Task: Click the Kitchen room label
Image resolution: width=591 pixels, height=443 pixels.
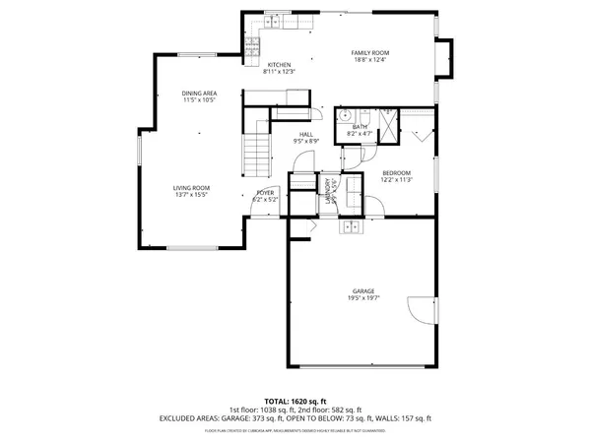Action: pyautogui.click(x=279, y=65)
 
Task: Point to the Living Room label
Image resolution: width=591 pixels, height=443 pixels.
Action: pyautogui.click(x=192, y=187)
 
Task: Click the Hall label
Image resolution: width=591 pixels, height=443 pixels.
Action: pyautogui.click(x=306, y=135)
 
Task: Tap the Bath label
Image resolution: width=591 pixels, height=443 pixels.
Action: pyautogui.click(x=360, y=125)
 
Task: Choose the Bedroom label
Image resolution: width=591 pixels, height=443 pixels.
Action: pyautogui.click(x=397, y=173)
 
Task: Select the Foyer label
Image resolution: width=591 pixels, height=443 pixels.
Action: pyautogui.click(x=266, y=192)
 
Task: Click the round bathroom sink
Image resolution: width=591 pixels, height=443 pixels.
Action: pyautogui.click(x=346, y=115)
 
